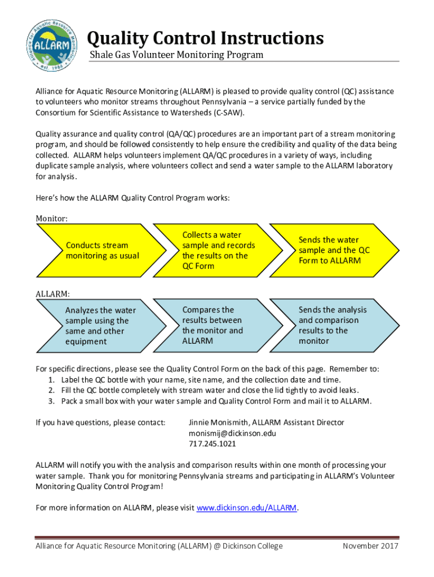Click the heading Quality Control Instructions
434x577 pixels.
pyautogui.click(x=205, y=38)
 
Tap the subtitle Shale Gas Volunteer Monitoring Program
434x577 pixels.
pyautogui.click(x=177, y=55)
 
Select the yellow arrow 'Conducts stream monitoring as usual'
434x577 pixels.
pyautogui.click(x=101, y=250)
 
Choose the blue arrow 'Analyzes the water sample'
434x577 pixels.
pyautogui.click(x=101, y=326)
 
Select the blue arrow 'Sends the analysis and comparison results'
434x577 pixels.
pyautogui.click(x=333, y=326)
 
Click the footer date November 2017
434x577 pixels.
pyautogui.click(x=370, y=546)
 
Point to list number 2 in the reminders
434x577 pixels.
pyautogui.click(x=51, y=390)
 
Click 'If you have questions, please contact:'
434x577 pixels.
pyautogui.click(x=101, y=423)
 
